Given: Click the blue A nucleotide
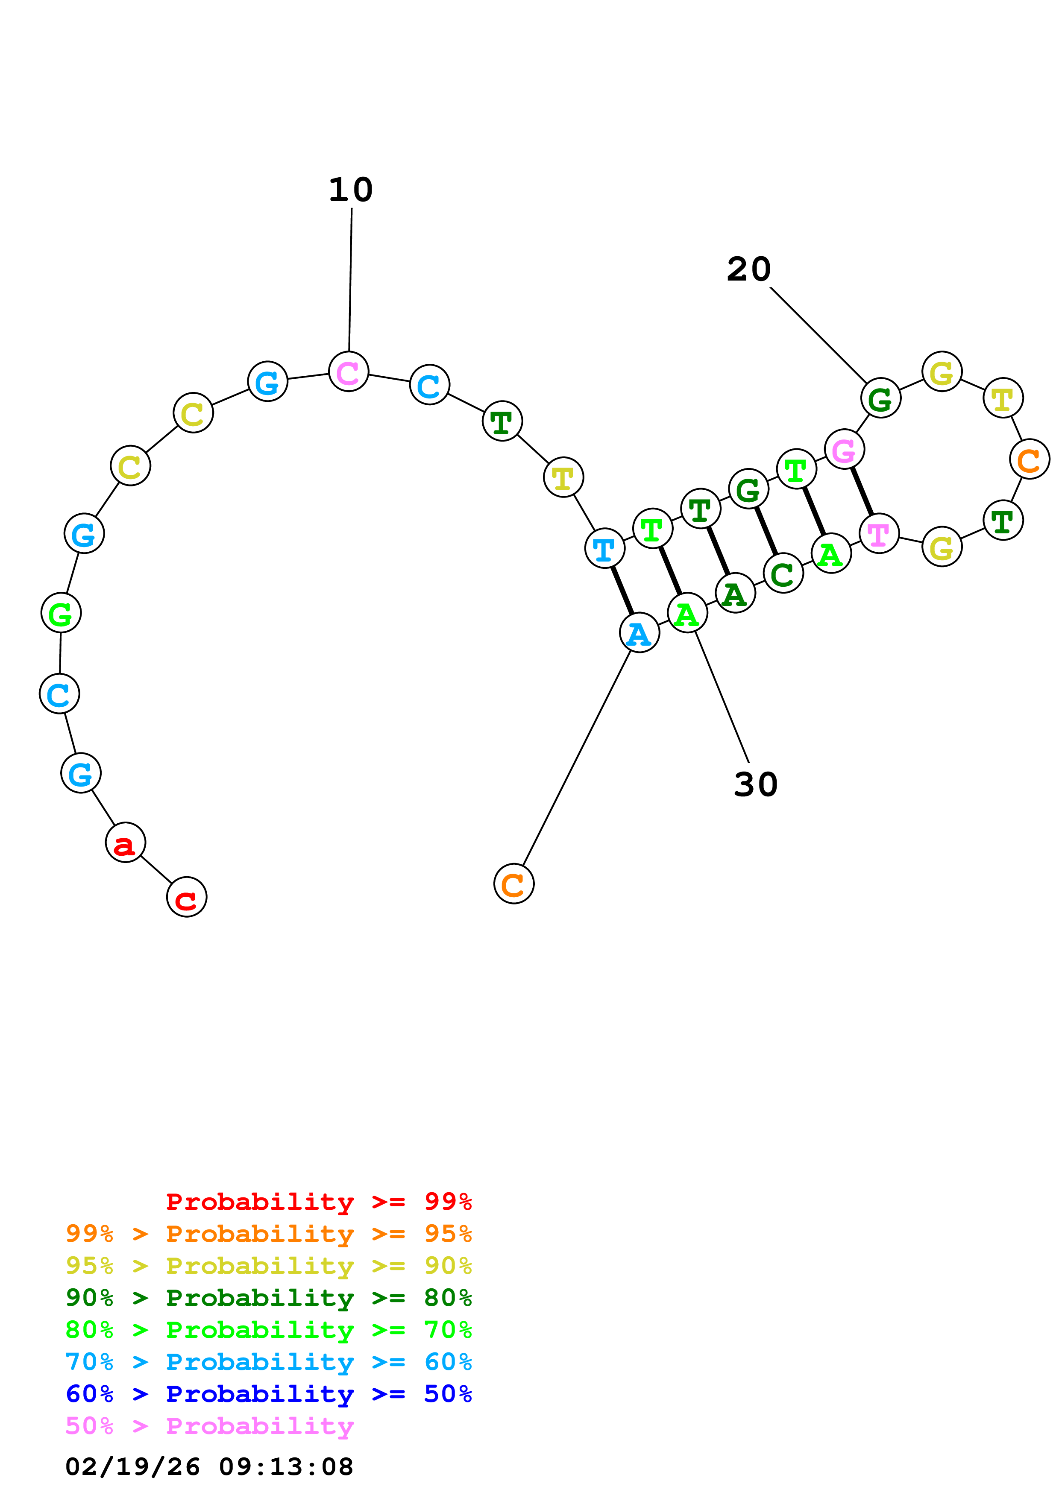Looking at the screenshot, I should (640, 632).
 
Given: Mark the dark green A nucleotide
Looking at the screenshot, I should (735, 593).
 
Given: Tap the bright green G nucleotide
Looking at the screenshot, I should (61, 613).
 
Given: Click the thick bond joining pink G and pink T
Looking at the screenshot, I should (862, 491).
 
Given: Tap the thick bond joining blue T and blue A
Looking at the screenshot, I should (622, 591).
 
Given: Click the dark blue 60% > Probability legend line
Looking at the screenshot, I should (269, 1394).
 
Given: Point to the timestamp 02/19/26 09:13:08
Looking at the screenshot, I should (209, 1467).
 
